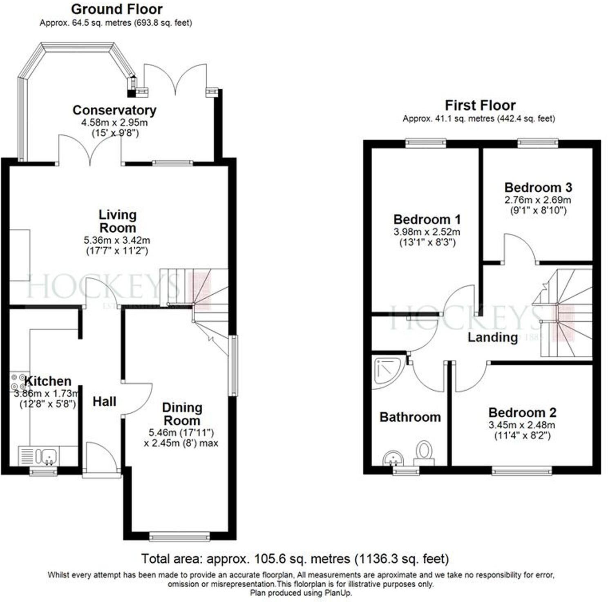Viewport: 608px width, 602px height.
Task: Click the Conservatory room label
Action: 114,110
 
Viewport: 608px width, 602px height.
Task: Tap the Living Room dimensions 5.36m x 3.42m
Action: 117,240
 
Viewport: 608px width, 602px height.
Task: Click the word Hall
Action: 104,402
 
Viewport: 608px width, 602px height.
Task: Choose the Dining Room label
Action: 182,414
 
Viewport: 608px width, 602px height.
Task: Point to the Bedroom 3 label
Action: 538,188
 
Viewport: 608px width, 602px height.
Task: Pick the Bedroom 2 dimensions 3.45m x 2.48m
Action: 522,425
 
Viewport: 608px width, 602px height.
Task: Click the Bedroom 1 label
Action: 427,219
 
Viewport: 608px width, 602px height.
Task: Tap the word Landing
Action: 492,338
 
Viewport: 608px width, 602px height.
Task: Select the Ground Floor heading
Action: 116,9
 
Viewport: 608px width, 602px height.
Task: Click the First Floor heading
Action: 480,105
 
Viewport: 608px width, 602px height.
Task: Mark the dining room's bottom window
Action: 179,536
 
